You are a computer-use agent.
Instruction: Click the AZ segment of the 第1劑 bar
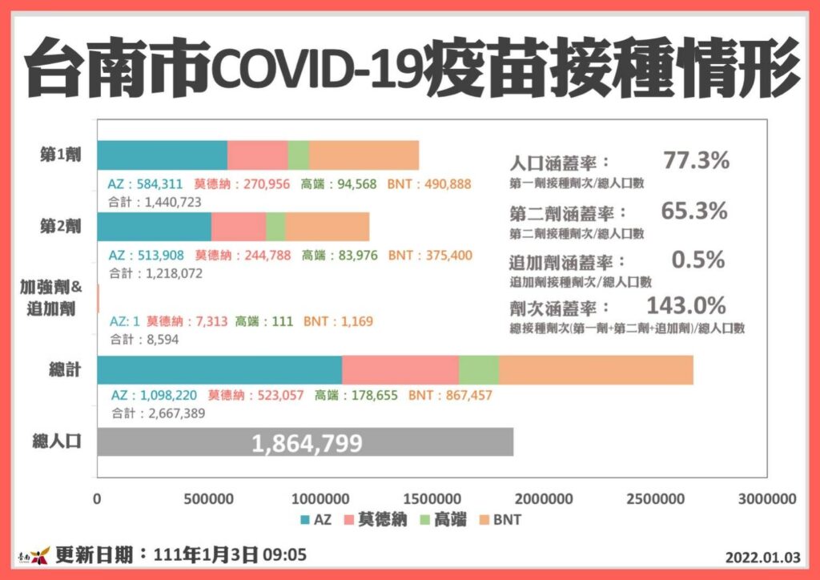coord(162,155)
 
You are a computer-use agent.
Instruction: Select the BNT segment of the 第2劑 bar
coord(328,227)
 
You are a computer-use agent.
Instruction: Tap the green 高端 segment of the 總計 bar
coord(479,370)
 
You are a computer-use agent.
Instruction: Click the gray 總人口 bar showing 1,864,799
coord(305,442)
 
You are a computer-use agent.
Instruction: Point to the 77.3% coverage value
coord(696,160)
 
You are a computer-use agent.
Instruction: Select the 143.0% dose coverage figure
coord(686,305)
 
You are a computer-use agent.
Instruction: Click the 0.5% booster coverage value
coord(698,260)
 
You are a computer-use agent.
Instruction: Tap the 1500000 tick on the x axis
coord(432,499)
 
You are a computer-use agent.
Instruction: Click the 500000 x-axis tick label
coord(209,499)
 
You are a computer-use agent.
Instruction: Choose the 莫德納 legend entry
coord(376,520)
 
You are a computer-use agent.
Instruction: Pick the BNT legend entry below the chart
coord(500,520)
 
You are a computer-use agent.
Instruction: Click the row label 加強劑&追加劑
coord(51,298)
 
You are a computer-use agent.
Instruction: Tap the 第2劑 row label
coord(61,227)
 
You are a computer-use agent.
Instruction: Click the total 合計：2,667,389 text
coord(158,413)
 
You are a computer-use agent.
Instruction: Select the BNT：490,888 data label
coord(429,184)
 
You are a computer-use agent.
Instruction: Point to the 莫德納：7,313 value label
coord(187,321)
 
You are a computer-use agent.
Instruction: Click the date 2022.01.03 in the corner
coord(762,558)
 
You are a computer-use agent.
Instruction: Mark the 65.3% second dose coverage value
coord(694,211)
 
